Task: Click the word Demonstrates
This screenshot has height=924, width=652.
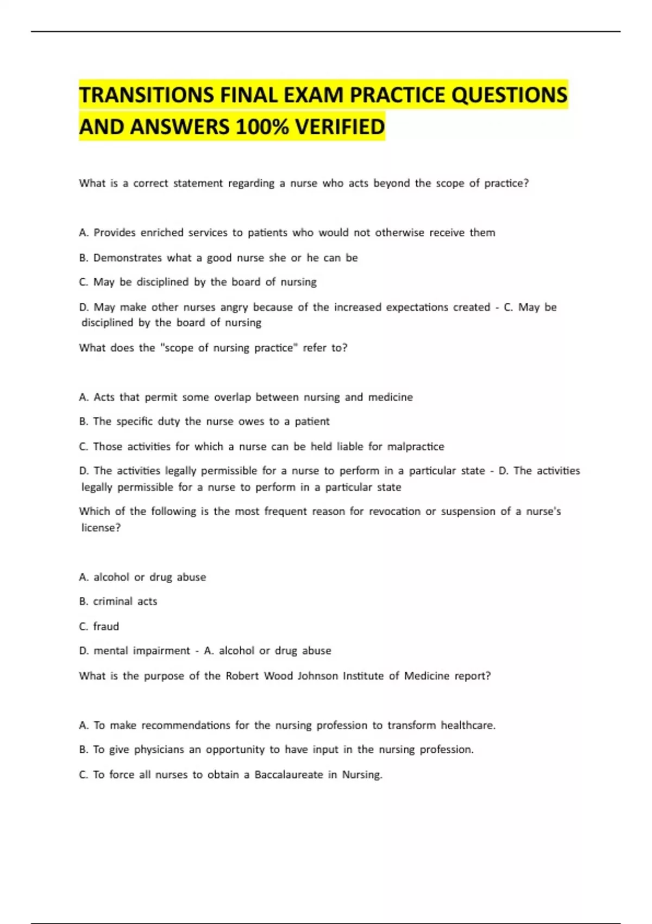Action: click(127, 258)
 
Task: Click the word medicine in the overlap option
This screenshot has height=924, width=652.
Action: click(390, 397)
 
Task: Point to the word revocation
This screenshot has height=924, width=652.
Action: click(394, 511)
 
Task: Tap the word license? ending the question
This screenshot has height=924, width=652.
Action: click(101, 528)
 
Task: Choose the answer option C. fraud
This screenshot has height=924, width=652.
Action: click(99, 627)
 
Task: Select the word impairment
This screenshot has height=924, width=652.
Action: click(161, 651)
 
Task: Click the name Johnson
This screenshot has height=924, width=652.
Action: click(317, 676)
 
